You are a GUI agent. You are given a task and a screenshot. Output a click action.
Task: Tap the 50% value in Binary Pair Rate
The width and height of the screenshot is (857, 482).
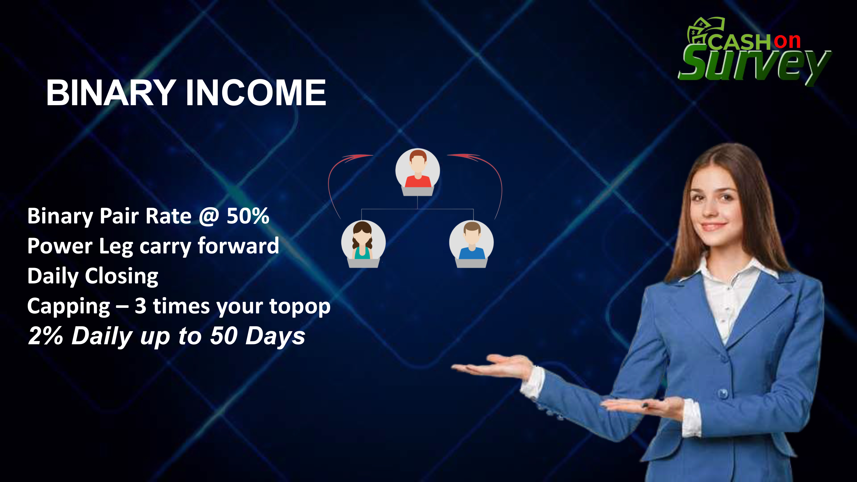tap(248, 216)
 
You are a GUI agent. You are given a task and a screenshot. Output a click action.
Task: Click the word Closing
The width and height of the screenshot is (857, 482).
tap(121, 276)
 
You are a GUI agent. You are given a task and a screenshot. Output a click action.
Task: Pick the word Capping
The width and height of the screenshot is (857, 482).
tap(69, 306)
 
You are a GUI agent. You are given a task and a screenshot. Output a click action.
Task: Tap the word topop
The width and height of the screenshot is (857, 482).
tap(300, 306)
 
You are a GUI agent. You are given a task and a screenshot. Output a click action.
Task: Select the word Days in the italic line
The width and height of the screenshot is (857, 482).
tap(275, 336)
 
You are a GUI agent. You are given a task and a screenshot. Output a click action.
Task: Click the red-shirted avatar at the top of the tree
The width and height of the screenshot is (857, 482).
tap(418, 172)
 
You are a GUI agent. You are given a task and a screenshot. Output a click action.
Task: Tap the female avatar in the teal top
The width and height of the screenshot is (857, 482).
tap(363, 244)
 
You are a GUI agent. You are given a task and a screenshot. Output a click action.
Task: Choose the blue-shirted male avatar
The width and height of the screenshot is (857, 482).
tap(471, 244)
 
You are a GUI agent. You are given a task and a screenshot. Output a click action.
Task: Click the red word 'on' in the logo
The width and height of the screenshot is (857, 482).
tap(787, 41)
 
